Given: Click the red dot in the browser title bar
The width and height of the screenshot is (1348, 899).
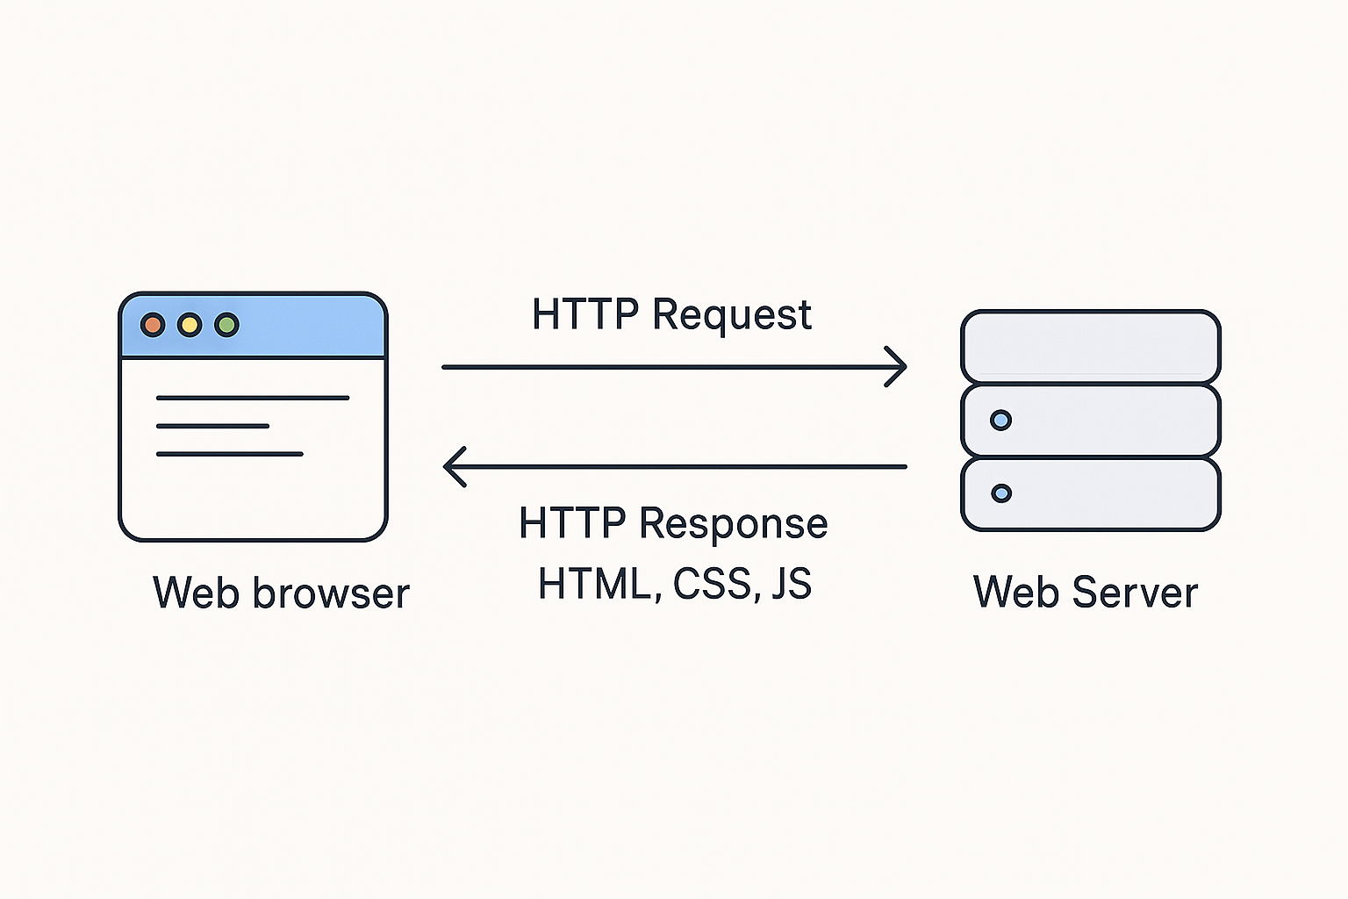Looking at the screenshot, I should coord(153,325).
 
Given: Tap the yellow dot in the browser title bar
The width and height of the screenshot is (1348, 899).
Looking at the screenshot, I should coord(190,325).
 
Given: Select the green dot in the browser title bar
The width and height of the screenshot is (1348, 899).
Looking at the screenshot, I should coord(226,325).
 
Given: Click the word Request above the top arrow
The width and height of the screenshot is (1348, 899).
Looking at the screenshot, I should coord(732,315).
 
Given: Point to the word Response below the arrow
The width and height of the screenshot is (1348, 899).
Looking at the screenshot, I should coord(733,524).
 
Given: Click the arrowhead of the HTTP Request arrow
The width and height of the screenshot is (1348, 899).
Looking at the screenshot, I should coord(897,367).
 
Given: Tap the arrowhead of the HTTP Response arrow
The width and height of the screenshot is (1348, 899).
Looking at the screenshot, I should coord(454,466).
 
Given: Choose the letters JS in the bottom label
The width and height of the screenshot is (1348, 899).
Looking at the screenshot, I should coord(792,584).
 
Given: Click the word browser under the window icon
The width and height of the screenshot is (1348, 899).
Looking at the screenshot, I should coord(331,593).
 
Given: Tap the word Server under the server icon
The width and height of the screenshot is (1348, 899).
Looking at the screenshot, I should coord(1135,593).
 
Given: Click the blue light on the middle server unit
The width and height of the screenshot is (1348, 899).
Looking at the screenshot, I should coord(1000,420).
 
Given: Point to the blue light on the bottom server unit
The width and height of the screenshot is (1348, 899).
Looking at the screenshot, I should coord(1000,493).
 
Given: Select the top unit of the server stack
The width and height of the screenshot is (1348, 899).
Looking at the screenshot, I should coord(1091,346).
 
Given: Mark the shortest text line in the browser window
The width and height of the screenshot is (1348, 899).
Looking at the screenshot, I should coord(212,426).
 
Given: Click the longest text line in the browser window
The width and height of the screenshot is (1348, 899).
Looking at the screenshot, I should coord(253,398).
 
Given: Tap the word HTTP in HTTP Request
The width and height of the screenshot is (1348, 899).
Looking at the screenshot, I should coord(585,314).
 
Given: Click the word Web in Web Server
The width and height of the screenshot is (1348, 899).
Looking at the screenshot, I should coord(1016,593).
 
